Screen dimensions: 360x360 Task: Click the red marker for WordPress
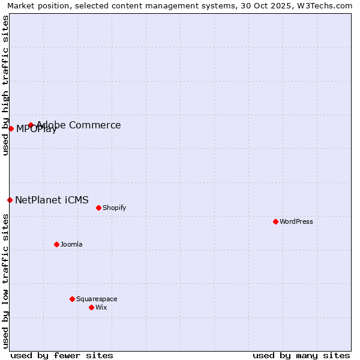(275, 221)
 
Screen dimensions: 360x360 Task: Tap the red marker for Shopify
(98, 208)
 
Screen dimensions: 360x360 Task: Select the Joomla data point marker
(56, 244)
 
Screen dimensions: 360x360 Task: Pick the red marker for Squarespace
(72, 299)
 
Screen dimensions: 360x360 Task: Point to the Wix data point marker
(91, 307)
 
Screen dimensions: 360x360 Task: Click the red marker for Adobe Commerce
(31, 125)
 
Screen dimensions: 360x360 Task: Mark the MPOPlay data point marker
(11, 128)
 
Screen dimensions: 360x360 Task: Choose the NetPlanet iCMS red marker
(10, 200)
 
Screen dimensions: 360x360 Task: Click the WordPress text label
(296, 221)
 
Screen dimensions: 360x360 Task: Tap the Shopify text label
(115, 208)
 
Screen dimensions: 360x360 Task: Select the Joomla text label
(71, 244)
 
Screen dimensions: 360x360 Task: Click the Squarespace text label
(97, 299)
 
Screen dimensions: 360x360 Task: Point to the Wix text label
(101, 307)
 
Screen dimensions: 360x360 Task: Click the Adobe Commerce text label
(79, 125)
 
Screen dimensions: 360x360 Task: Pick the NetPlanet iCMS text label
(52, 200)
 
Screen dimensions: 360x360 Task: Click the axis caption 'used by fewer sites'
(62, 355)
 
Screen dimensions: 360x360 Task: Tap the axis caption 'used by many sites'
(301, 355)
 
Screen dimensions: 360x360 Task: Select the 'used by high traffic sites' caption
(5, 85)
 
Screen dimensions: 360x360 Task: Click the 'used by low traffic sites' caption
(5, 281)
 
